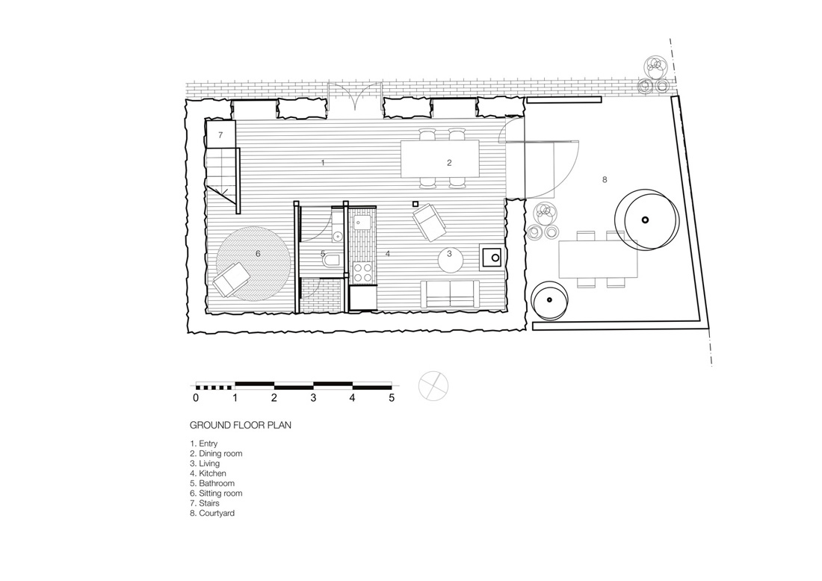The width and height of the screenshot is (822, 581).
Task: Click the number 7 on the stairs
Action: click(x=220, y=135)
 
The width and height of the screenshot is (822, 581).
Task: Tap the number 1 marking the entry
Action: click(x=323, y=163)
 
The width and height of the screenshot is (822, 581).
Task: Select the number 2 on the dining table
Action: click(x=449, y=163)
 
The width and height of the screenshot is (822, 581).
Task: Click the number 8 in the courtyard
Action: click(x=605, y=180)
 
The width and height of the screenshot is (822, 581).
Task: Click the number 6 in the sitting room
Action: click(x=258, y=254)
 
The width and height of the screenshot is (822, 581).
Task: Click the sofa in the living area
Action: click(x=451, y=294)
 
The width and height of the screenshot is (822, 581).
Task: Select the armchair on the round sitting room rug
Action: click(x=231, y=279)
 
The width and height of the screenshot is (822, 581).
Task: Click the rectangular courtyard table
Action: click(x=598, y=259)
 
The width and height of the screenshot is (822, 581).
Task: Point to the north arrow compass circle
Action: click(x=433, y=387)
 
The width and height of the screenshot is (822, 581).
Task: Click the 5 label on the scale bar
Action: click(x=392, y=398)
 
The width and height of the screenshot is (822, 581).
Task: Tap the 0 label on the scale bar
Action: click(x=196, y=398)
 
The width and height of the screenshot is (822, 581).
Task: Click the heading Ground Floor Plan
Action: click(x=241, y=425)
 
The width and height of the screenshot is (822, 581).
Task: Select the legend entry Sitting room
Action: click(x=216, y=493)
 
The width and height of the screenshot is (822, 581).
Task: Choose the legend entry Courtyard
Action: click(x=212, y=514)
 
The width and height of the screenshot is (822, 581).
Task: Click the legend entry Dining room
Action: click(x=216, y=454)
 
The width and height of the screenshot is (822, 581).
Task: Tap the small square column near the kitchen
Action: click(x=415, y=204)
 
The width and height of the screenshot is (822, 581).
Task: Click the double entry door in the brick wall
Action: click(x=355, y=96)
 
